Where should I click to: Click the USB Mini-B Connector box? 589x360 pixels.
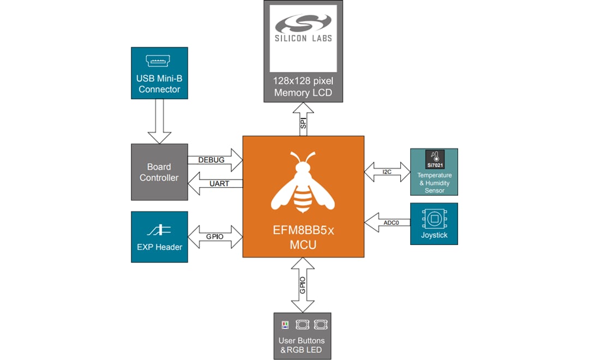click(159, 73)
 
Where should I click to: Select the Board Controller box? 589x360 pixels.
click(159, 172)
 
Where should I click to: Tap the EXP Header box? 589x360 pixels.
click(159, 237)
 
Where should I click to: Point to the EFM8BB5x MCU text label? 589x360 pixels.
click(303, 238)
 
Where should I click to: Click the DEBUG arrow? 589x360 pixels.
click(215, 160)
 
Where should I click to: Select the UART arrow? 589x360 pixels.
click(215, 184)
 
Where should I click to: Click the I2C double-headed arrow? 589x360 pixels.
click(387, 172)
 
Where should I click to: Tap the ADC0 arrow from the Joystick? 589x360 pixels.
click(387, 222)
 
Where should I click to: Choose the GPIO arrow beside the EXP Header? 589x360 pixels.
click(215, 237)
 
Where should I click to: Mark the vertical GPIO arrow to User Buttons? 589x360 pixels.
click(303, 284)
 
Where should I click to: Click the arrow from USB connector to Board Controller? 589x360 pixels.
click(159, 121)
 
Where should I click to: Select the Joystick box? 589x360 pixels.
click(434, 224)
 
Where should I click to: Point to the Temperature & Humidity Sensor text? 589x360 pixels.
click(434, 183)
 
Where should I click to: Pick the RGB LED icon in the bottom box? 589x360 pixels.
click(284, 325)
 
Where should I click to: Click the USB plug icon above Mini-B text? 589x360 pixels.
click(159, 61)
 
